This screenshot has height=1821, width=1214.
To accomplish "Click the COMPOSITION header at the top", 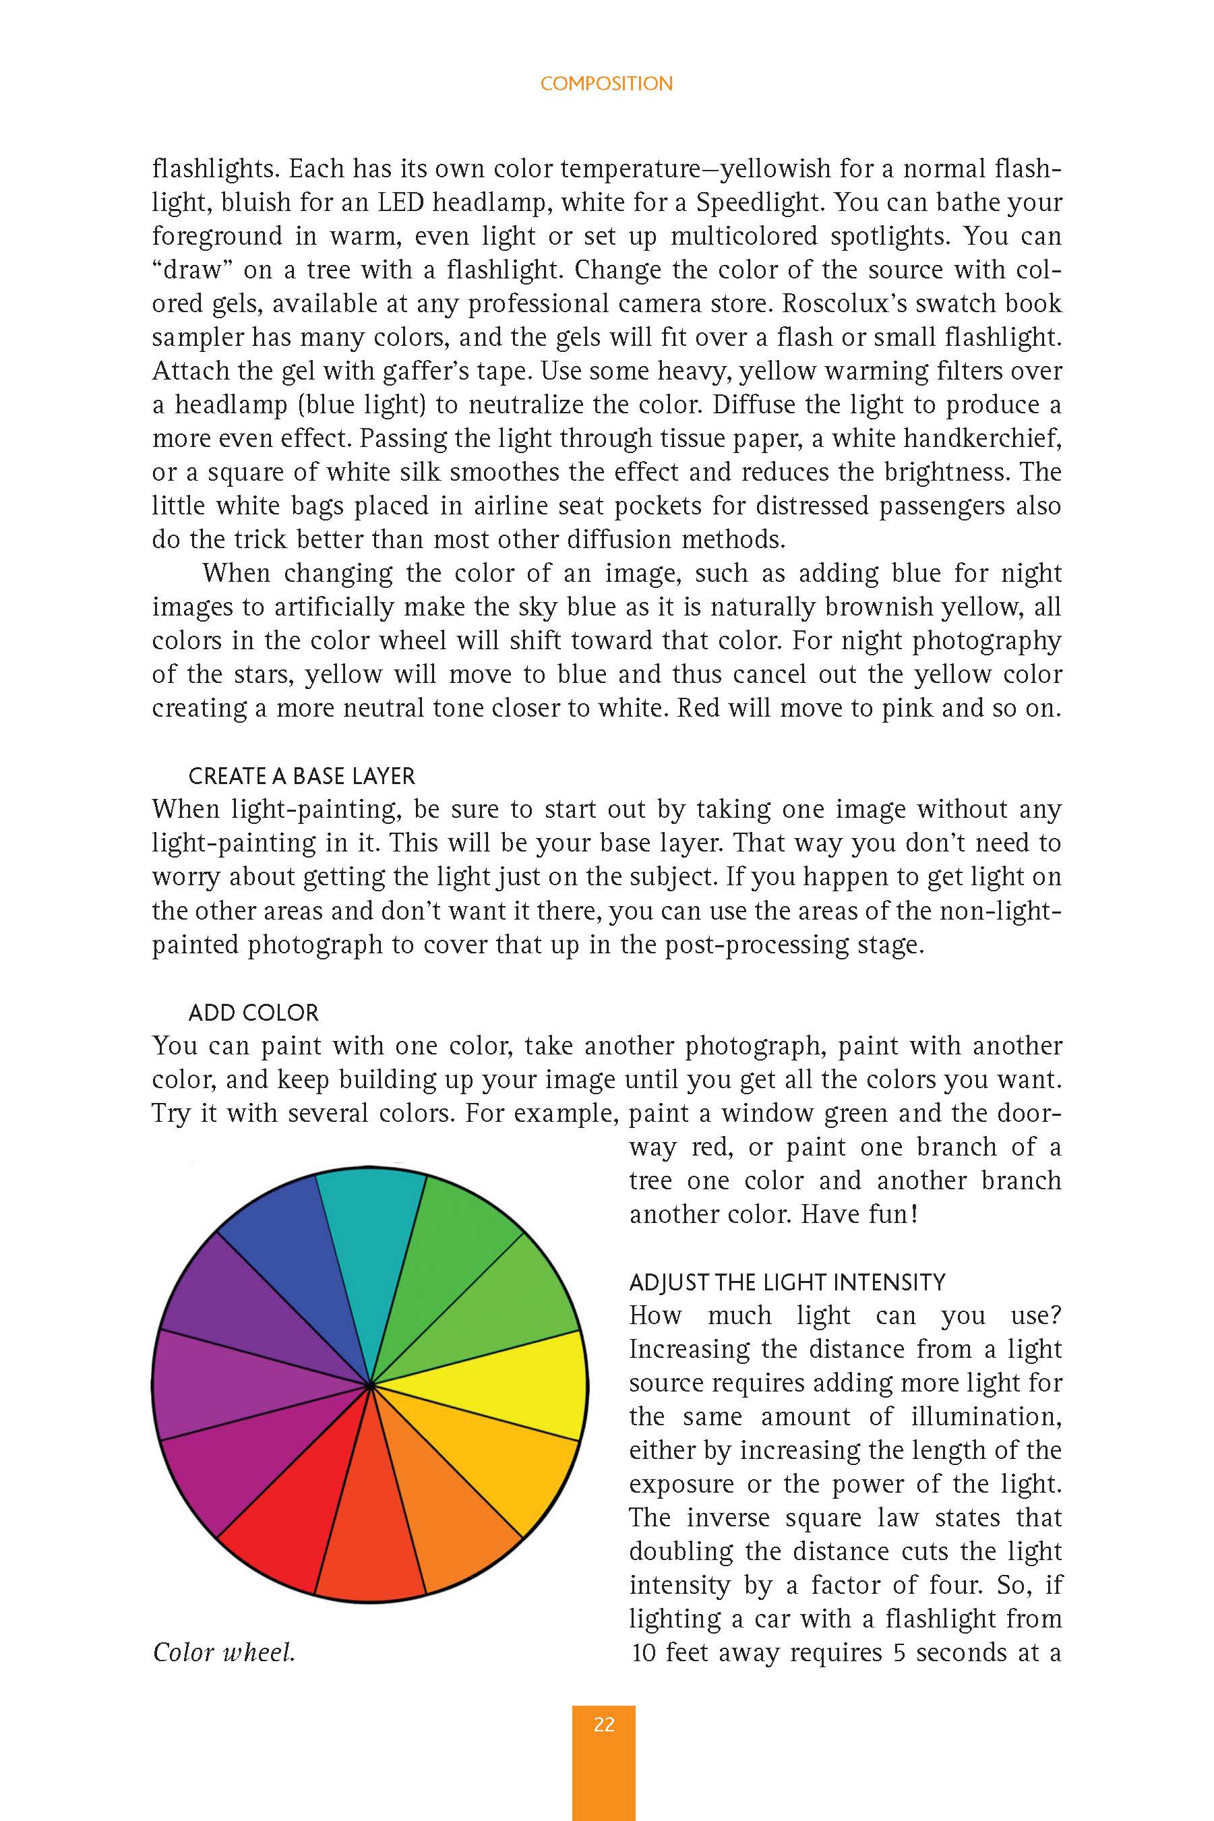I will pos(606,84).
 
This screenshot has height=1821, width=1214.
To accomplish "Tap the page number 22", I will pos(604,1724).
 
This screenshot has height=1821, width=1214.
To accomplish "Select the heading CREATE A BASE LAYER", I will pos(301,776).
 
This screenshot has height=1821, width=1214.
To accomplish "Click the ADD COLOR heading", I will pos(253,1013).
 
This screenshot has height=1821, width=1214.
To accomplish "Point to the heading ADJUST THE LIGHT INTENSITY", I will pos(787,1282).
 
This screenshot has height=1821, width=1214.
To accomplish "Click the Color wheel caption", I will pos(224,1652).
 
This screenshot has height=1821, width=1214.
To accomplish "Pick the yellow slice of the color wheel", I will pos(526,1386).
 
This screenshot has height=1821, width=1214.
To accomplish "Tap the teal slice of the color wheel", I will pos(370,1238).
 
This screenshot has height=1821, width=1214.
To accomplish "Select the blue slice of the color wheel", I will pos(294,1262).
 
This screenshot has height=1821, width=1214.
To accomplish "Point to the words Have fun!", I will pos(859,1214).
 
